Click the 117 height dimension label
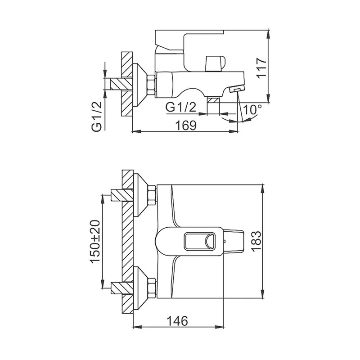(x=261, y=68)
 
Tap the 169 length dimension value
(x=186, y=126)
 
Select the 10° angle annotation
(x=252, y=109)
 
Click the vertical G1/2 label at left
(x=97, y=117)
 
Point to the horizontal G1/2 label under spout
(x=181, y=107)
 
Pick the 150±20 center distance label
(x=95, y=242)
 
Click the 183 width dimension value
(x=256, y=241)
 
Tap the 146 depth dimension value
(x=177, y=321)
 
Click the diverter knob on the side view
(x=216, y=63)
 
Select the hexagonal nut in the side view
(x=151, y=85)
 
